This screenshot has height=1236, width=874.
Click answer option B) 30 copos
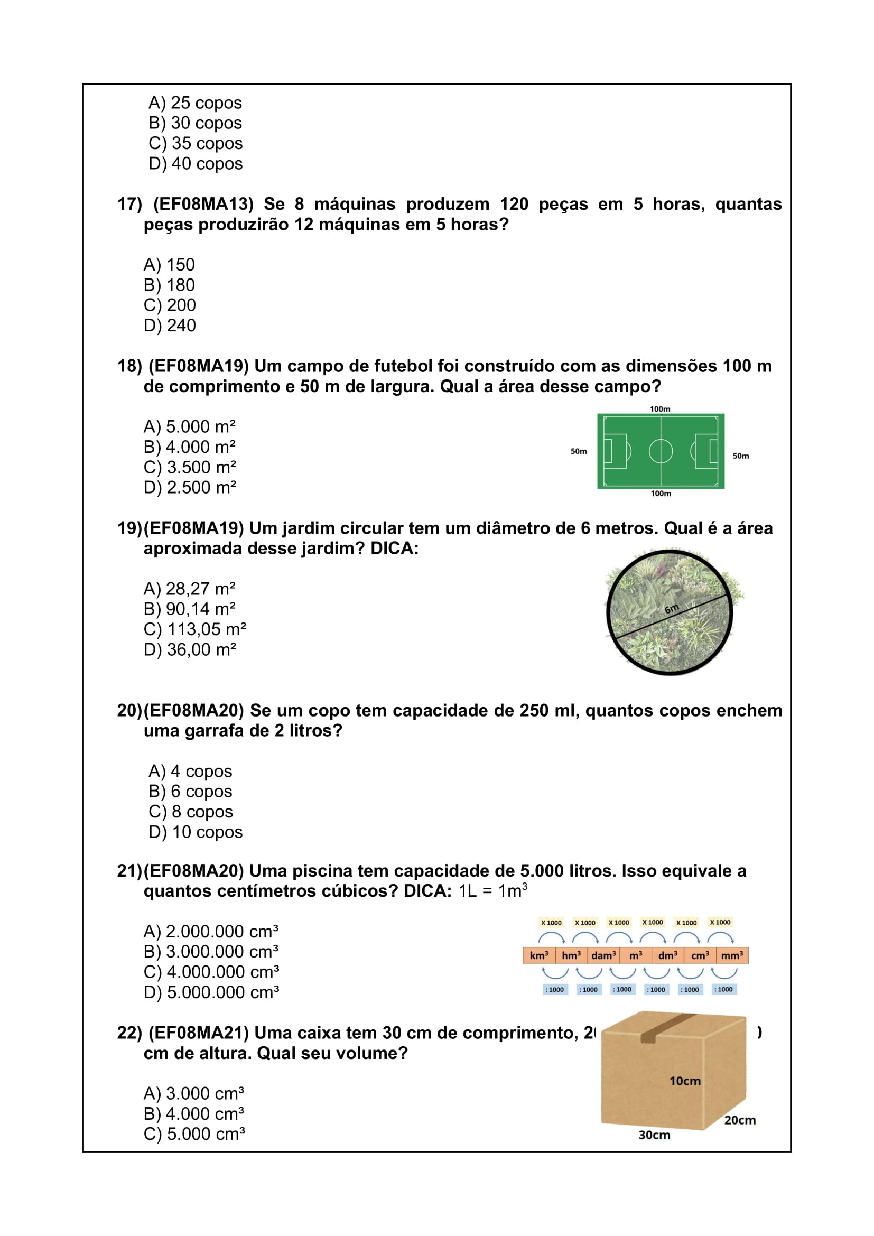[x=195, y=123]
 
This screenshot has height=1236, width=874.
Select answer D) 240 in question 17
[x=170, y=326]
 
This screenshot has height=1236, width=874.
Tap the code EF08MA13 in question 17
[x=203, y=205]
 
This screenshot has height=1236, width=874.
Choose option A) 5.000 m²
[x=190, y=427]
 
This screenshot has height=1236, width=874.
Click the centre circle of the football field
[x=661, y=451]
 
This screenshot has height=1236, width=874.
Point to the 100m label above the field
[x=660, y=409]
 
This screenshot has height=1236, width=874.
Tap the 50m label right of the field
[x=740, y=456]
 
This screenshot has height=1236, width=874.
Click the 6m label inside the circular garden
[x=672, y=609]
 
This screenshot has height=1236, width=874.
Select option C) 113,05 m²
[x=195, y=629]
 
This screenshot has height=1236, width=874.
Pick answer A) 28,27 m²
[x=190, y=589]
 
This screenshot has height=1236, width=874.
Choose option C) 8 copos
[x=191, y=812]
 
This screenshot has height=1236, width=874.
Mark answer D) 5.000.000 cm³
[x=211, y=993]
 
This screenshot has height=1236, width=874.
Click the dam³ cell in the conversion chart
[x=603, y=955]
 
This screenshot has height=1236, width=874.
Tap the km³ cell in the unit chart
[x=538, y=955]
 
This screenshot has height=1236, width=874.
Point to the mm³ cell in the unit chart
[x=732, y=955]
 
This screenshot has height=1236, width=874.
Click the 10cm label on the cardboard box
[x=684, y=1081]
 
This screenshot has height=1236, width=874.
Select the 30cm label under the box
[x=654, y=1135]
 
